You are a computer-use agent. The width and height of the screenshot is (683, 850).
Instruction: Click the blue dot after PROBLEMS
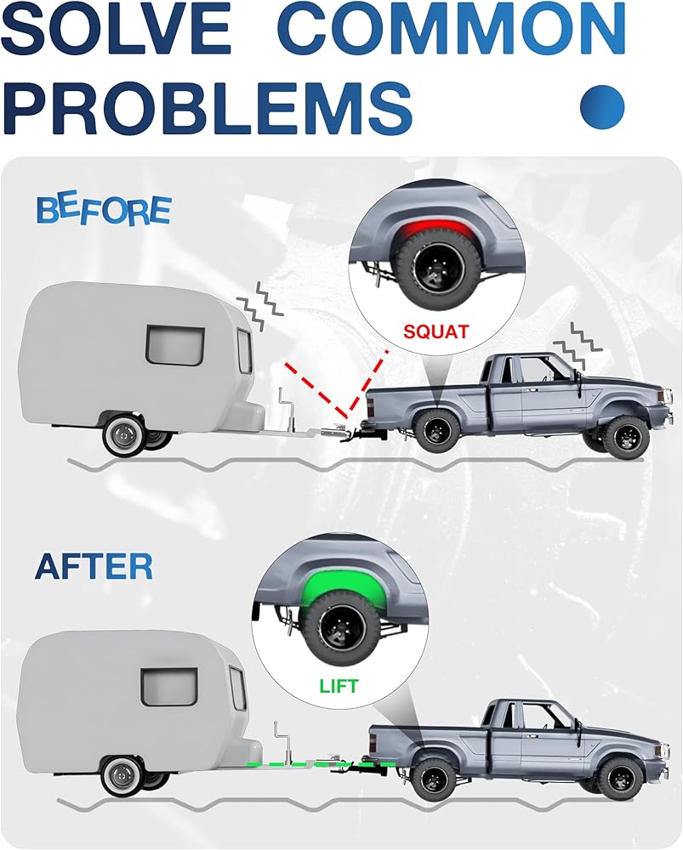(x=602, y=105)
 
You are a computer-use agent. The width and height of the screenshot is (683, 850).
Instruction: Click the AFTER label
(x=94, y=566)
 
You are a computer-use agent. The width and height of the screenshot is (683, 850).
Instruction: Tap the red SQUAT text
(x=436, y=331)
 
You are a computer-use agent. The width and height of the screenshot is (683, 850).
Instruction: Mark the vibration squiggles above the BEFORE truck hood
(x=569, y=343)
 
